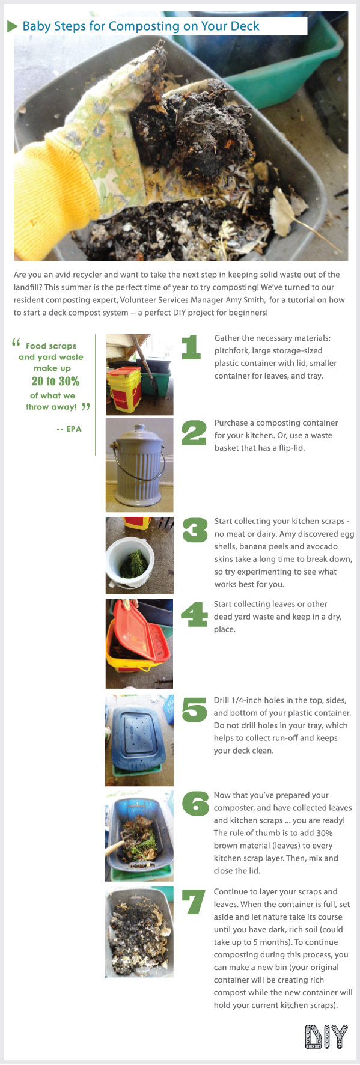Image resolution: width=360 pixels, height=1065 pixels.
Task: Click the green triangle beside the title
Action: coord(12,26)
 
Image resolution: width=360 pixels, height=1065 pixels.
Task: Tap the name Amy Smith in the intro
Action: coord(245,300)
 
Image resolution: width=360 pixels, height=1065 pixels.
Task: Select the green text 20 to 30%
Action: coord(55,381)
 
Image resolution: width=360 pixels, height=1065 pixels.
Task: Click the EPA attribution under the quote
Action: coord(69,429)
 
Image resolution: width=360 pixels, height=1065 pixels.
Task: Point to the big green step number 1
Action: coord(191,348)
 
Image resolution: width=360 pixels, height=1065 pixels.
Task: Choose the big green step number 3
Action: coord(195,531)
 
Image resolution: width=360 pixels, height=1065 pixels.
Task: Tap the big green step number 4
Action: coord(194,615)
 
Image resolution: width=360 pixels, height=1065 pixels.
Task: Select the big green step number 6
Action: coord(195,804)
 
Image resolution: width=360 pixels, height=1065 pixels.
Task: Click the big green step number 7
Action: coord(194,902)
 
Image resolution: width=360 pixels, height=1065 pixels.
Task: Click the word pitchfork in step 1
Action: coord(231,351)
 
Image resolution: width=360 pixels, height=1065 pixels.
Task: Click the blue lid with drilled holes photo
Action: coord(139,739)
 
